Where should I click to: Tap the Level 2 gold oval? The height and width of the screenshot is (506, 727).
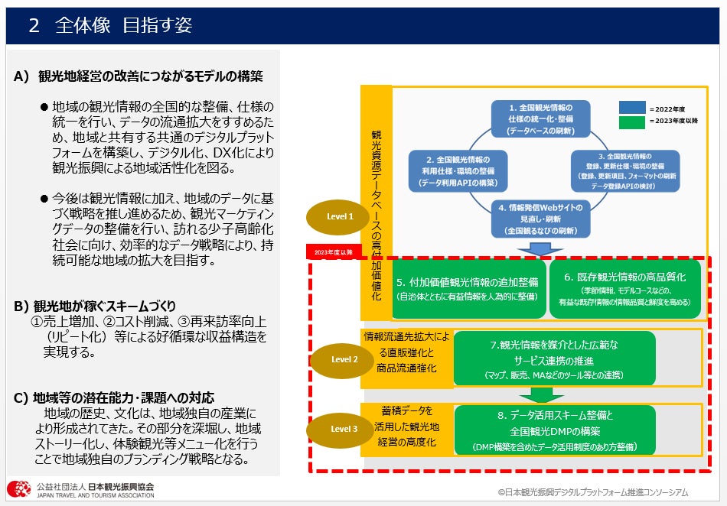pos(344,359)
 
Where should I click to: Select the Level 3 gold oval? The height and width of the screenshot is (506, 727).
pos(344,430)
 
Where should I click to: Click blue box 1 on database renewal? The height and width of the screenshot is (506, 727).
pos(540,118)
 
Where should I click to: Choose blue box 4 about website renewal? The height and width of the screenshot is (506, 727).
pos(540,219)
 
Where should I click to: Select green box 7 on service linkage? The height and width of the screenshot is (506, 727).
pos(554,358)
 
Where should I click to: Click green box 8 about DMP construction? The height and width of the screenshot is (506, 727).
pos(555,430)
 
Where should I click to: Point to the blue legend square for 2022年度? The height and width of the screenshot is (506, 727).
pos(632,109)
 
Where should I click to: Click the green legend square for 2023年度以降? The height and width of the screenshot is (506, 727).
pos(632,121)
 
